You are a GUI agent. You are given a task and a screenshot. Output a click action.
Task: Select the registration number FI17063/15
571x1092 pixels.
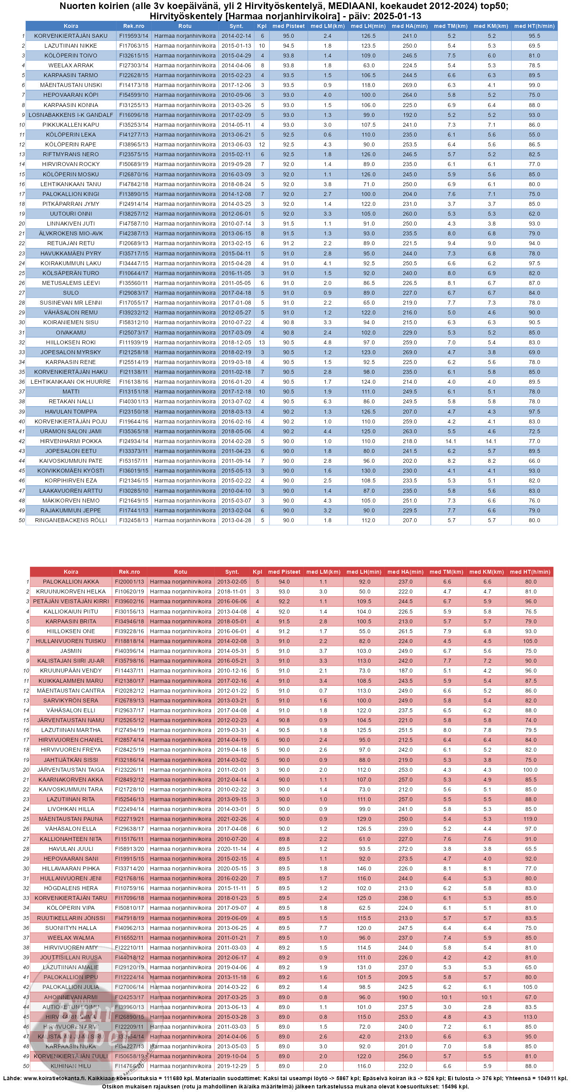133,46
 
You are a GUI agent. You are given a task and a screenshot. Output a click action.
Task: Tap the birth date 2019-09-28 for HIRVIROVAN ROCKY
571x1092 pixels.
236,164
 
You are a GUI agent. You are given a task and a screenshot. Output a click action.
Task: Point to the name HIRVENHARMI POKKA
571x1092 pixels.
70,441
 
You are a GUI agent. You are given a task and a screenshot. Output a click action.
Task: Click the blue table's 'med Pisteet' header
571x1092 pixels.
289,26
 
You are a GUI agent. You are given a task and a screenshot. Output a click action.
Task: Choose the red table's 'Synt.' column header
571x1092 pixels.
232,572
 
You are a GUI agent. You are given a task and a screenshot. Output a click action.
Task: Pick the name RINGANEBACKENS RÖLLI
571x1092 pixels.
70,521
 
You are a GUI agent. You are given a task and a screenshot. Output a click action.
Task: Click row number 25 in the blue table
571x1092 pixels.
22,273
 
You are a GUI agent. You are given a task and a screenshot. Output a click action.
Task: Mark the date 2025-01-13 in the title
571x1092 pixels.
397,16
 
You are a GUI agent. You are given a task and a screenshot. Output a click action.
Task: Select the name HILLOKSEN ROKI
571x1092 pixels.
70,342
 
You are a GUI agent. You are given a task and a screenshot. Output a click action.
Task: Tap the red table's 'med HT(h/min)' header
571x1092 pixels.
530,572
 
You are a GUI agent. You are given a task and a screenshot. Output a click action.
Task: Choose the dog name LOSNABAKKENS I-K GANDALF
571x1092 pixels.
70,115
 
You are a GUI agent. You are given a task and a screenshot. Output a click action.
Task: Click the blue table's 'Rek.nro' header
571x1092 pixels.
133,26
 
